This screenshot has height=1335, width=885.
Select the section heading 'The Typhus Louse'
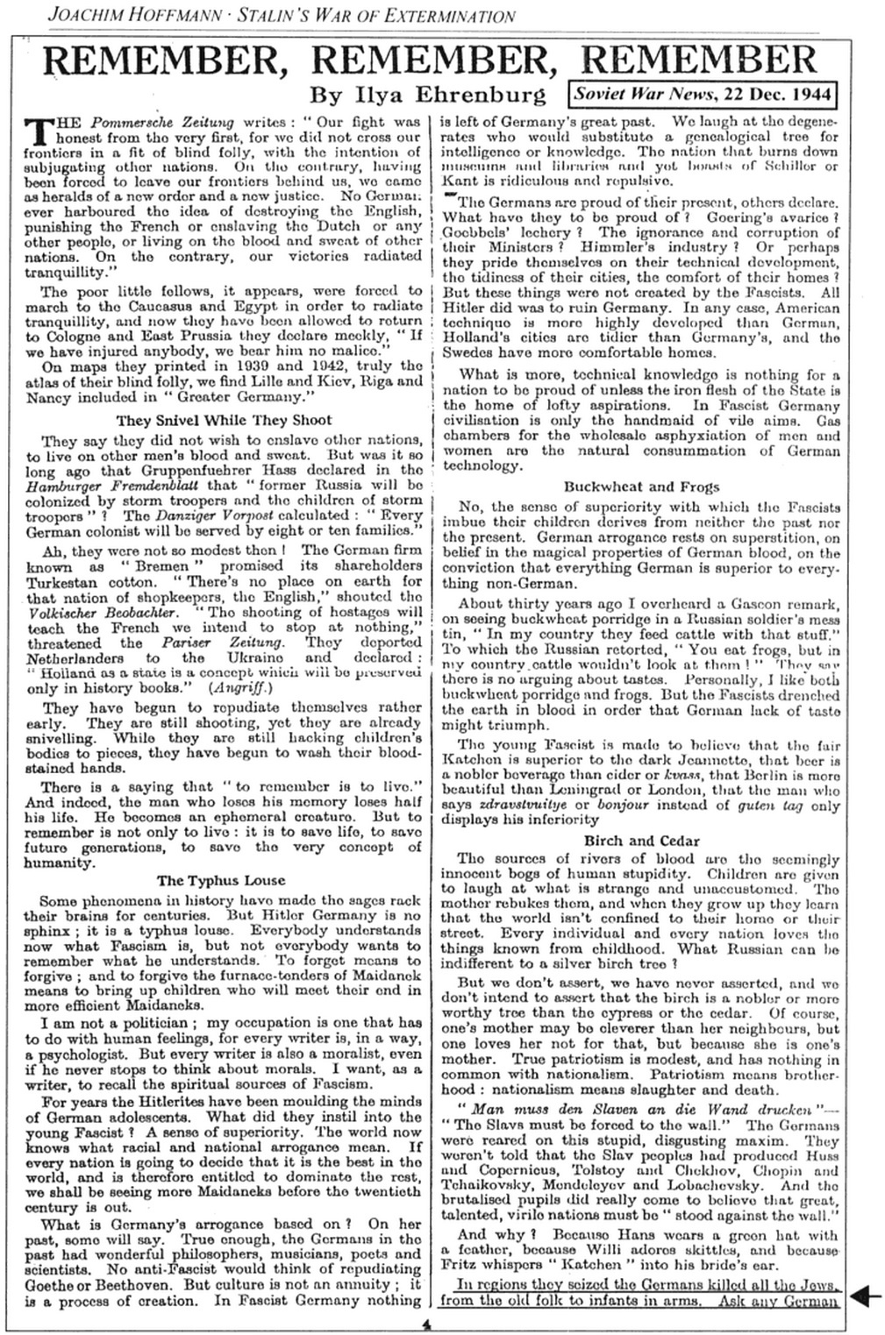221,880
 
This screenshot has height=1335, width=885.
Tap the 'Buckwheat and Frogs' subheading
641,486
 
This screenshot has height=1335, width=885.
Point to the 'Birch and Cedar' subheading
641,841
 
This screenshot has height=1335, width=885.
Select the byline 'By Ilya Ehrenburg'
428,94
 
